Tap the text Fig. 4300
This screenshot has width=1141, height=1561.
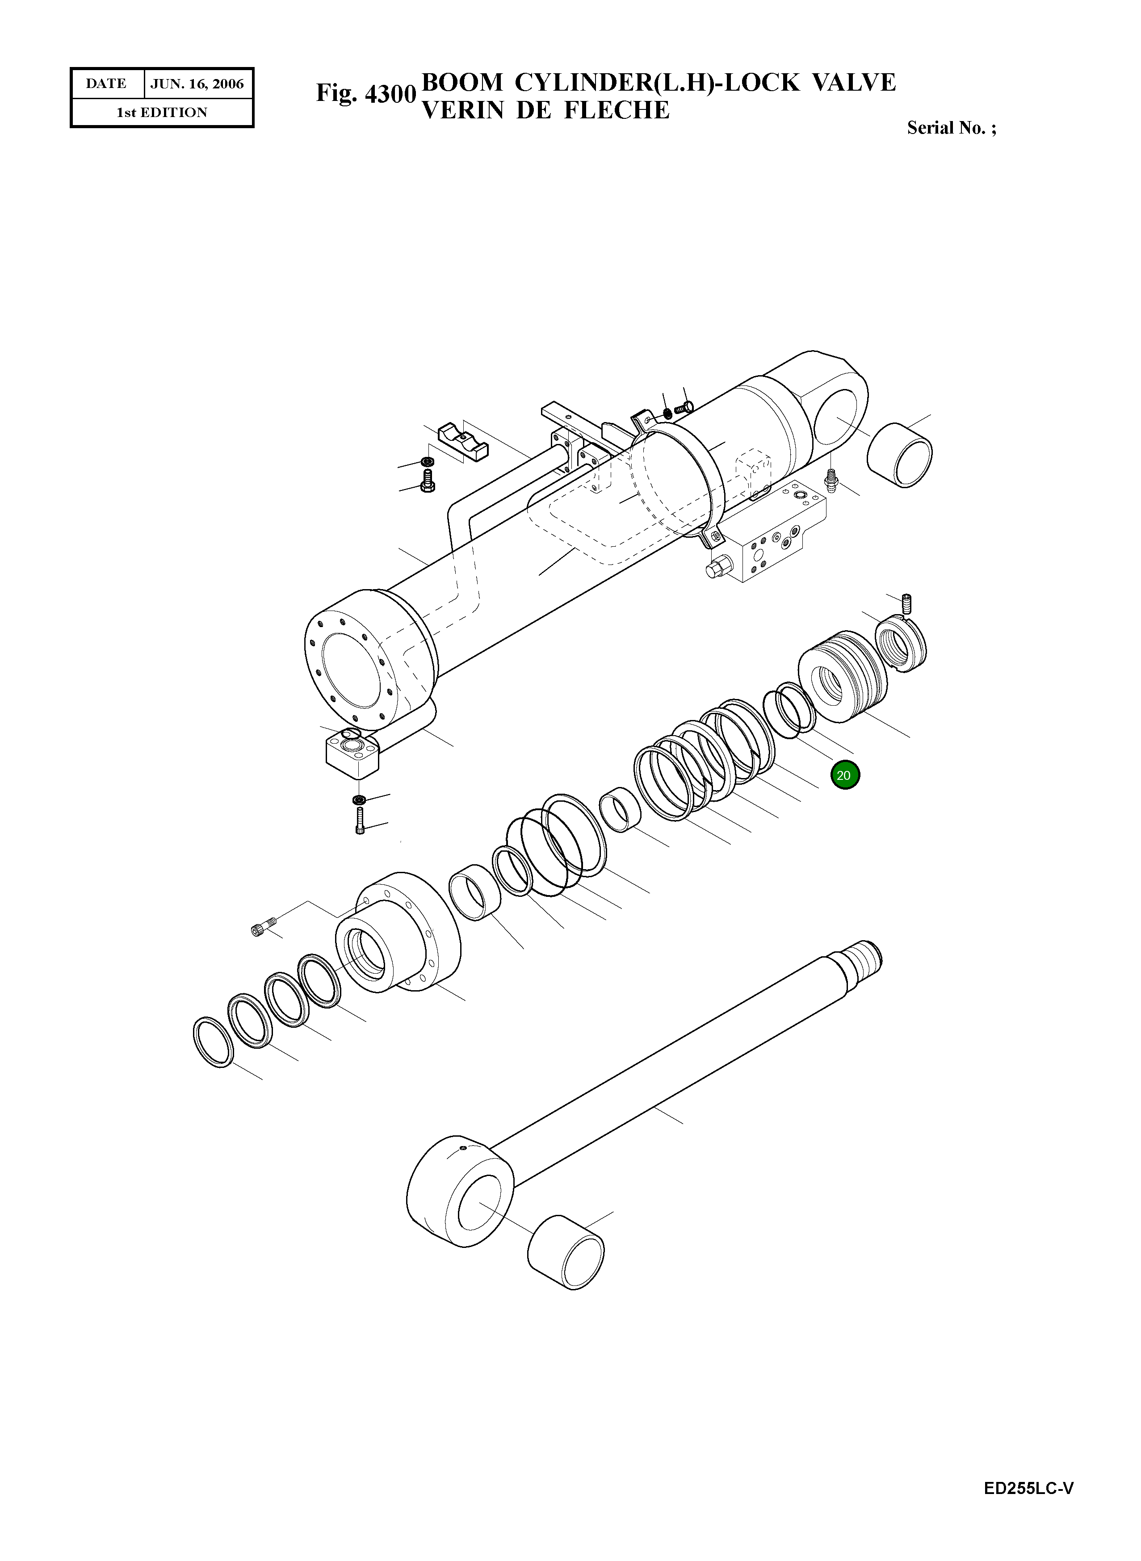tap(365, 94)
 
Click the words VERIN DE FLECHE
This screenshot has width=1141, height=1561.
tap(545, 110)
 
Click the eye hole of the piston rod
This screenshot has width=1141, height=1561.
tap(479, 1203)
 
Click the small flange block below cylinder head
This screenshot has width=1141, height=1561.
tap(352, 757)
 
